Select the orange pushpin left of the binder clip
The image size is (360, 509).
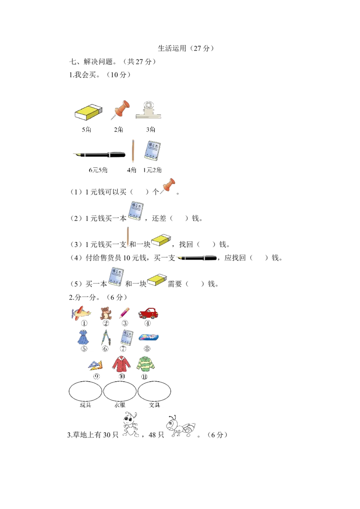click(x=120, y=109)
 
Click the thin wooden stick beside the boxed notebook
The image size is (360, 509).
click(x=133, y=152)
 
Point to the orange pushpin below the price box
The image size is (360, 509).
click(x=168, y=186)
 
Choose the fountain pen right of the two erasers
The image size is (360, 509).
click(x=196, y=258)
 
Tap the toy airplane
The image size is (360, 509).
click(x=81, y=312)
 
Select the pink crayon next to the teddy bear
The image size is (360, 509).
click(x=125, y=311)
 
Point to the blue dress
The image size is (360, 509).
click(x=83, y=337)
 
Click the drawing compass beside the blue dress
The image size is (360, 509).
click(x=105, y=337)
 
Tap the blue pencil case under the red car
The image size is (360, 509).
click(x=148, y=337)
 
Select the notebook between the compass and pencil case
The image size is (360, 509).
click(x=126, y=337)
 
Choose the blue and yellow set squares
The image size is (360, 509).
click(x=95, y=365)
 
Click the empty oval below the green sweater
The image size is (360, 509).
click(x=154, y=392)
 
